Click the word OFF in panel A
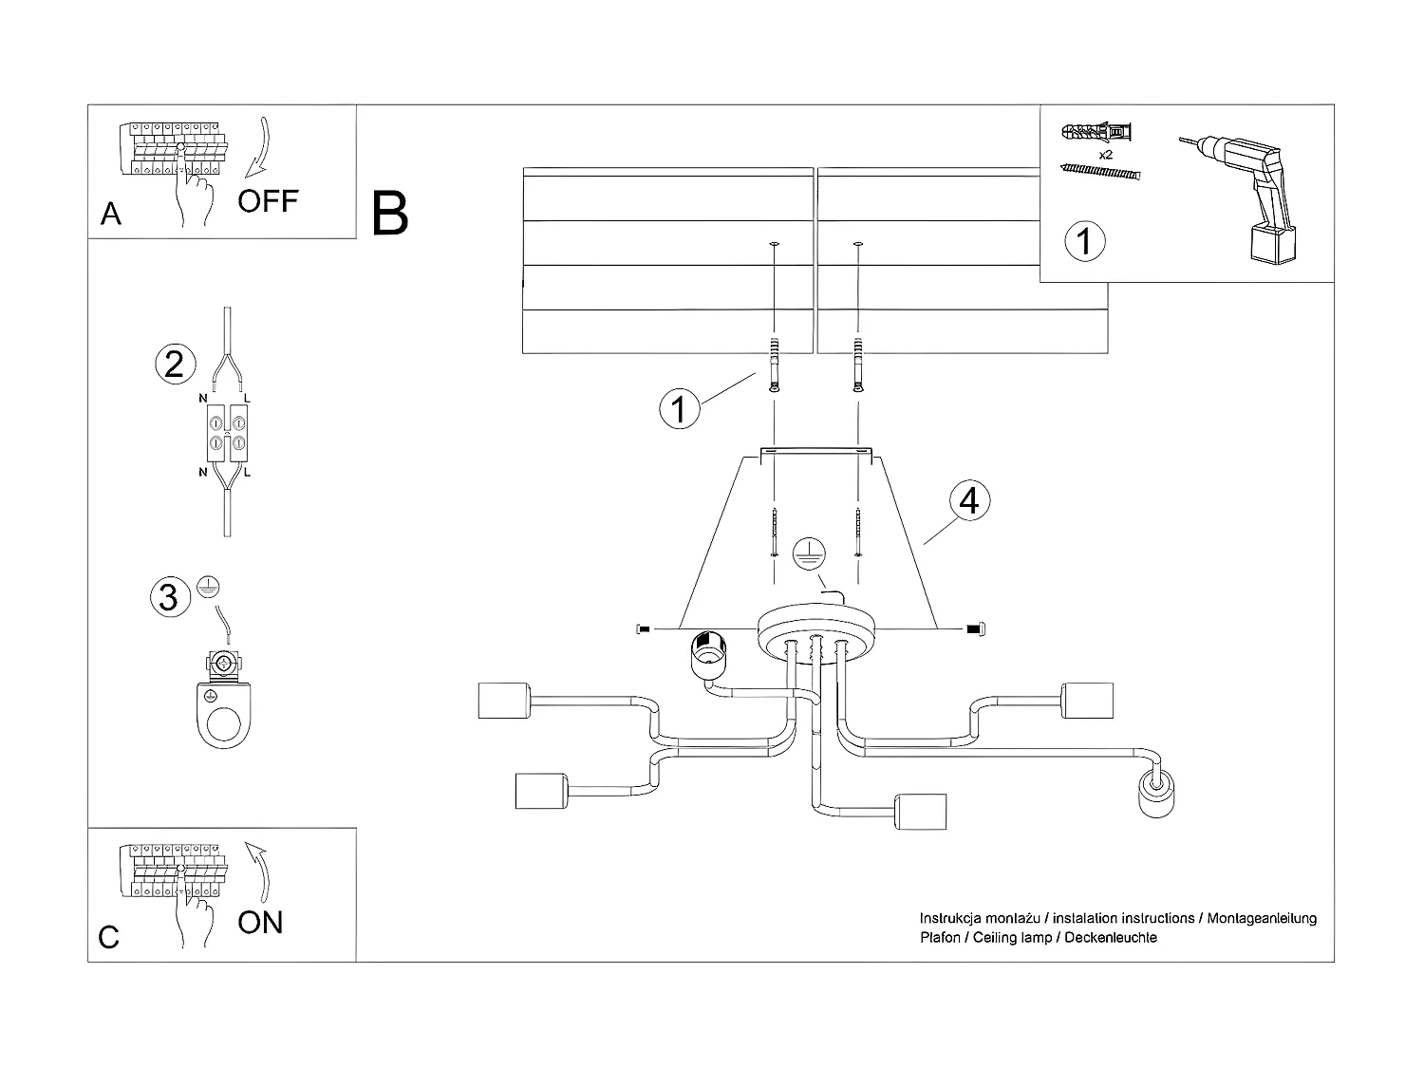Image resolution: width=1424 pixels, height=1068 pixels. tap(268, 200)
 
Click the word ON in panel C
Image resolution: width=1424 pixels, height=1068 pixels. tap(260, 922)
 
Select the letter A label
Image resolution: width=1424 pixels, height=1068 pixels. tap(111, 215)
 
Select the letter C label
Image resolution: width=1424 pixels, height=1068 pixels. tap(109, 938)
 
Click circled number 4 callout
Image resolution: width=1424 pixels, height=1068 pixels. tap(968, 500)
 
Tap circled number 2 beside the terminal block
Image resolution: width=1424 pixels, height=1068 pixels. tap(175, 365)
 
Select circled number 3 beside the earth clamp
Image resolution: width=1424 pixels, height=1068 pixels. tap(168, 597)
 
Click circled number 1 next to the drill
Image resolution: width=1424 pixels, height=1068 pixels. tap(1085, 241)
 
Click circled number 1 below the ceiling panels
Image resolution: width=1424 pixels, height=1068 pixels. tap(679, 410)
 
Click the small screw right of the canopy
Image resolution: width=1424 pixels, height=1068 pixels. tap(974, 628)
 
